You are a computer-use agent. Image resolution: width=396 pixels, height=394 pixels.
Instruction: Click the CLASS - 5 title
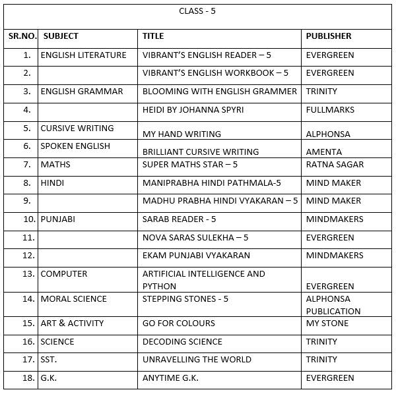pyautogui.click(x=197, y=11)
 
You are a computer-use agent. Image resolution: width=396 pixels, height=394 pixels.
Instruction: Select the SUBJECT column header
pyautogui.click(x=61, y=36)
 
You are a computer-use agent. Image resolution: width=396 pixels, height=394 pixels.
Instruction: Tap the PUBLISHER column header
pyautogui.click(x=329, y=36)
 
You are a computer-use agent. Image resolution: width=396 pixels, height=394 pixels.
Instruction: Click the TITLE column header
pyautogui.click(x=153, y=36)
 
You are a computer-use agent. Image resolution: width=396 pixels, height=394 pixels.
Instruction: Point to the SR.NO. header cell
pyautogui.click(x=22, y=36)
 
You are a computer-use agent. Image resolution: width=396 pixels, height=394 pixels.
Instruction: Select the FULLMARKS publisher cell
pyautogui.click(x=330, y=110)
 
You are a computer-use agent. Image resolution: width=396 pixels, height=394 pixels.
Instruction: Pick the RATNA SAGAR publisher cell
pyautogui.click(x=335, y=164)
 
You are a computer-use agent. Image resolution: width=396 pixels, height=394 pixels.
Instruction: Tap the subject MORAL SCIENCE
pyautogui.click(x=73, y=299)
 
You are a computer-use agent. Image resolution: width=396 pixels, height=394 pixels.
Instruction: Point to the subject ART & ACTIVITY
pyautogui.click(x=72, y=324)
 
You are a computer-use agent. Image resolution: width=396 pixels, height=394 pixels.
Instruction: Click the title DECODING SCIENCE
pyautogui.click(x=182, y=342)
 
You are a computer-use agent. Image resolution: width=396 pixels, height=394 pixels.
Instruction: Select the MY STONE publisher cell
pyautogui.click(x=327, y=324)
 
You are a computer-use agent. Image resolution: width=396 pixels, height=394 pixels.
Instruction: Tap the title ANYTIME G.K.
pyautogui.click(x=170, y=378)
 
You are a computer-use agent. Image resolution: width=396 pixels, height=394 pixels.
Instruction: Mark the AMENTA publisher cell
pyautogui.click(x=324, y=152)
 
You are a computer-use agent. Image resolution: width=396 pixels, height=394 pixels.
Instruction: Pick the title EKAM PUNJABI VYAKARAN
pyautogui.click(x=196, y=256)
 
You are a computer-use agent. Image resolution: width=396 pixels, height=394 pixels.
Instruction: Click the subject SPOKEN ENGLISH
pyautogui.click(x=75, y=146)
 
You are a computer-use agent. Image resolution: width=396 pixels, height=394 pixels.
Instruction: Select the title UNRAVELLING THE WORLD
pyautogui.click(x=197, y=360)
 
